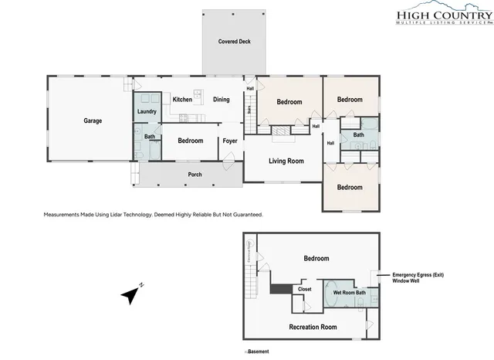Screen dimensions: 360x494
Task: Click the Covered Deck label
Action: pyautogui.click(x=234, y=41)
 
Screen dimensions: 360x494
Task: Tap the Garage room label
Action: pyautogui.click(x=93, y=121)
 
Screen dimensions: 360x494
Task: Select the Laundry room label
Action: pyautogui.click(x=147, y=112)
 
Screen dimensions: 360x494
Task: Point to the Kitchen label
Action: pyautogui.click(x=182, y=100)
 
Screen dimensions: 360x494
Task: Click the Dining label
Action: pyautogui.click(x=222, y=100)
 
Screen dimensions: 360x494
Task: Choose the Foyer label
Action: pyautogui.click(x=230, y=141)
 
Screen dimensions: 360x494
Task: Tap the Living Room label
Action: pyautogui.click(x=286, y=161)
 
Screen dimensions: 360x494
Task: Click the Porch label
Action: pyautogui.click(x=195, y=175)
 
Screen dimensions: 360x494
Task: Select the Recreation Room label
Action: pyautogui.click(x=313, y=327)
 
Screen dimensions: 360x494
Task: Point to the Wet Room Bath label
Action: pyautogui.click(x=354, y=292)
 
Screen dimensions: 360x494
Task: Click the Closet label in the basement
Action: pyautogui.click(x=304, y=289)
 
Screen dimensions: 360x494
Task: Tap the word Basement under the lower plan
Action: pyautogui.click(x=258, y=352)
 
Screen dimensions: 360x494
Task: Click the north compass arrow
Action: pyautogui.click(x=132, y=294)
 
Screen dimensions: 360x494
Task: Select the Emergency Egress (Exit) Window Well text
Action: pyautogui.click(x=418, y=278)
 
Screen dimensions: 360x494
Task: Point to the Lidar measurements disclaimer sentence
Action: pyautogui.click(x=154, y=214)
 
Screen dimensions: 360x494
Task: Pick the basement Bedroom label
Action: pyautogui.click(x=316, y=258)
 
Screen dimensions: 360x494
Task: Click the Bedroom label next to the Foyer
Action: pyautogui.click(x=190, y=141)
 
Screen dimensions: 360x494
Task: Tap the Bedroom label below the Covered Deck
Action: pyautogui.click(x=289, y=102)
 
